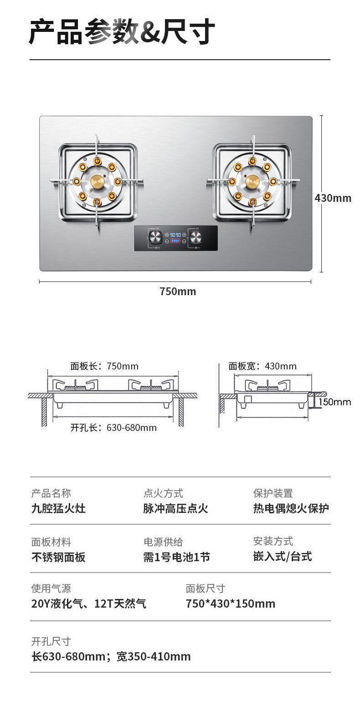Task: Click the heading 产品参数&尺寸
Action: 122,32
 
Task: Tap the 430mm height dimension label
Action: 333,198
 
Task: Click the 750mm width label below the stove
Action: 178,292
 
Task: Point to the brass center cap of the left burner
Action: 98,181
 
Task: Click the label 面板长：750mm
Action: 104,366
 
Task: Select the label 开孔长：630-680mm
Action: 113,428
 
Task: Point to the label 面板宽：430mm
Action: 262,366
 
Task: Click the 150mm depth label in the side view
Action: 334,402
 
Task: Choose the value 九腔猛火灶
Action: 58,508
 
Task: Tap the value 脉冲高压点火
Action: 175,508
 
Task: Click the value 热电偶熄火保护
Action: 291,508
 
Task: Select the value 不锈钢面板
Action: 58,557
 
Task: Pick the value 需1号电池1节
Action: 177,557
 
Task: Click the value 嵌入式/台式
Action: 283,556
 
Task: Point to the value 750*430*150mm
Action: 231,604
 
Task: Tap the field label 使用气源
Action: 51,588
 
